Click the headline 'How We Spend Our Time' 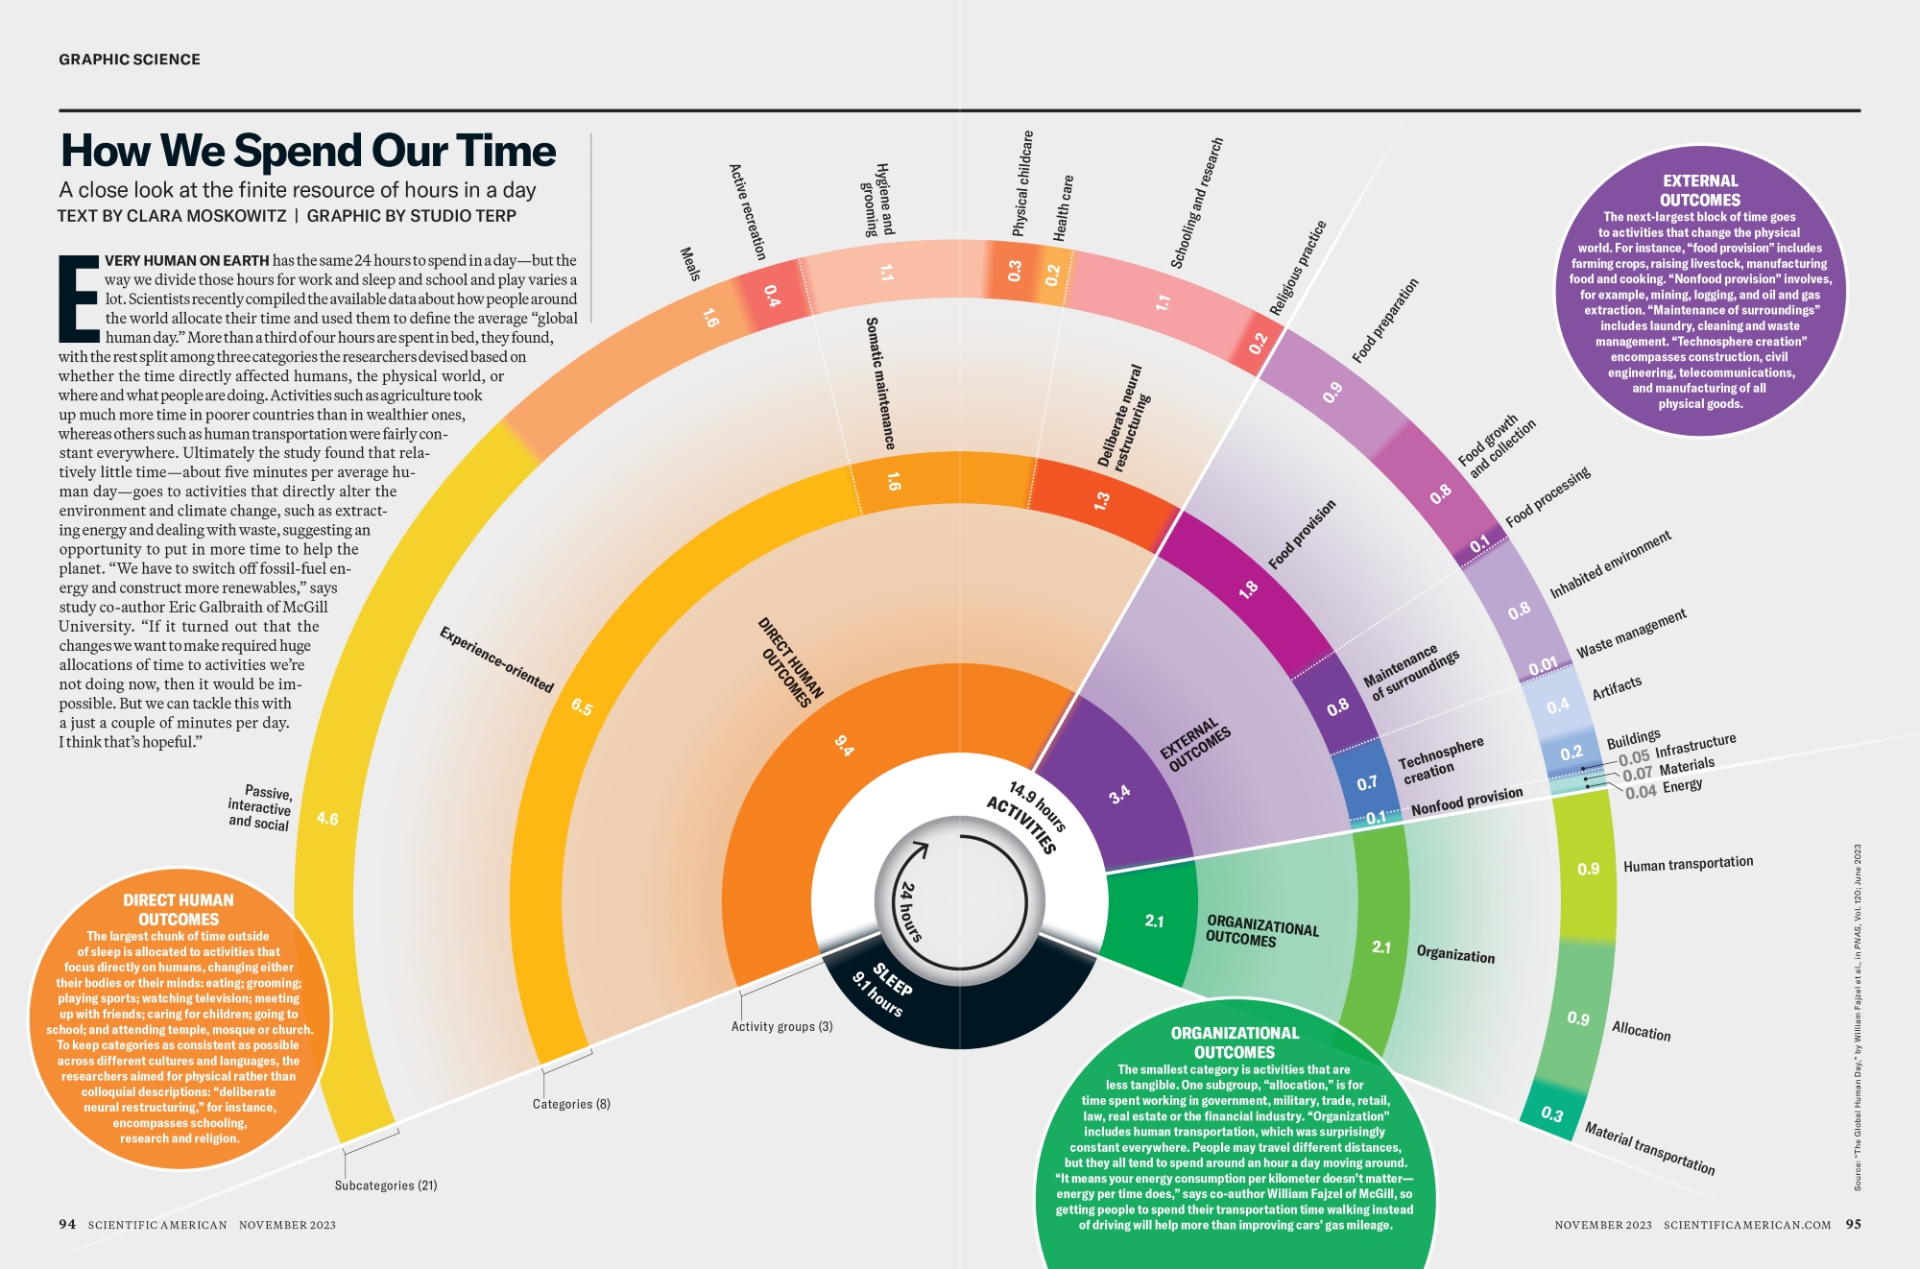point(308,151)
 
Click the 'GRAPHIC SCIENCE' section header point(130,60)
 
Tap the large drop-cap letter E point(79,299)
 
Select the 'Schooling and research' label point(1196,203)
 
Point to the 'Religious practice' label point(1297,268)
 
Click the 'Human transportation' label point(1688,864)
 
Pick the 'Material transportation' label point(1649,1148)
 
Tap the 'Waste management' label point(1631,634)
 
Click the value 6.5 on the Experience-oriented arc point(582,707)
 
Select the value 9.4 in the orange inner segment point(844,745)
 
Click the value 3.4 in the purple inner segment point(1119,795)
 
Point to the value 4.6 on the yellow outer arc point(327,819)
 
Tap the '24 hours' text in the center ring point(910,912)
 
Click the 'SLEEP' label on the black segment point(893,979)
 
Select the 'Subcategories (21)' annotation point(386,1185)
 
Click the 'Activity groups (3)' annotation point(781,1026)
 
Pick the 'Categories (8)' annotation point(571,1104)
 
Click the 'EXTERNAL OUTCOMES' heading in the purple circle point(1700,190)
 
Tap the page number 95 point(1853,1224)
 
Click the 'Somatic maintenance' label point(880,384)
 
